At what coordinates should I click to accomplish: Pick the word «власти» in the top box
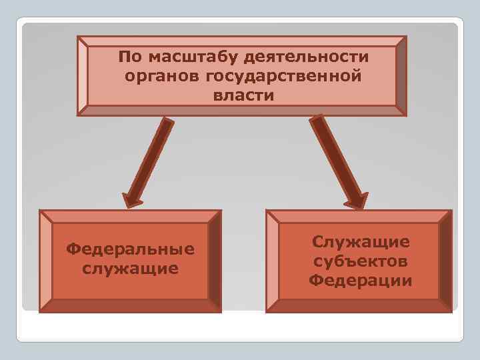coord(243,95)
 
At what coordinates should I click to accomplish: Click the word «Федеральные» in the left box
coord(131,249)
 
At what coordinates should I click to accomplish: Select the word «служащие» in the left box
coord(131,269)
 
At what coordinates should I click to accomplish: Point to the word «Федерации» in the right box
coord(361,281)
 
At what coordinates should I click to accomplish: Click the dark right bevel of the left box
coord(214,261)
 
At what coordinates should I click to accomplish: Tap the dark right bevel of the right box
coord(445,261)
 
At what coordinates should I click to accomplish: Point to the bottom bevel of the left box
coord(131,305)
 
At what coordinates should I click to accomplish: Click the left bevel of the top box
coord(83,76)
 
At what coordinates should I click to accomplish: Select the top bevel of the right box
coord(359,217)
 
